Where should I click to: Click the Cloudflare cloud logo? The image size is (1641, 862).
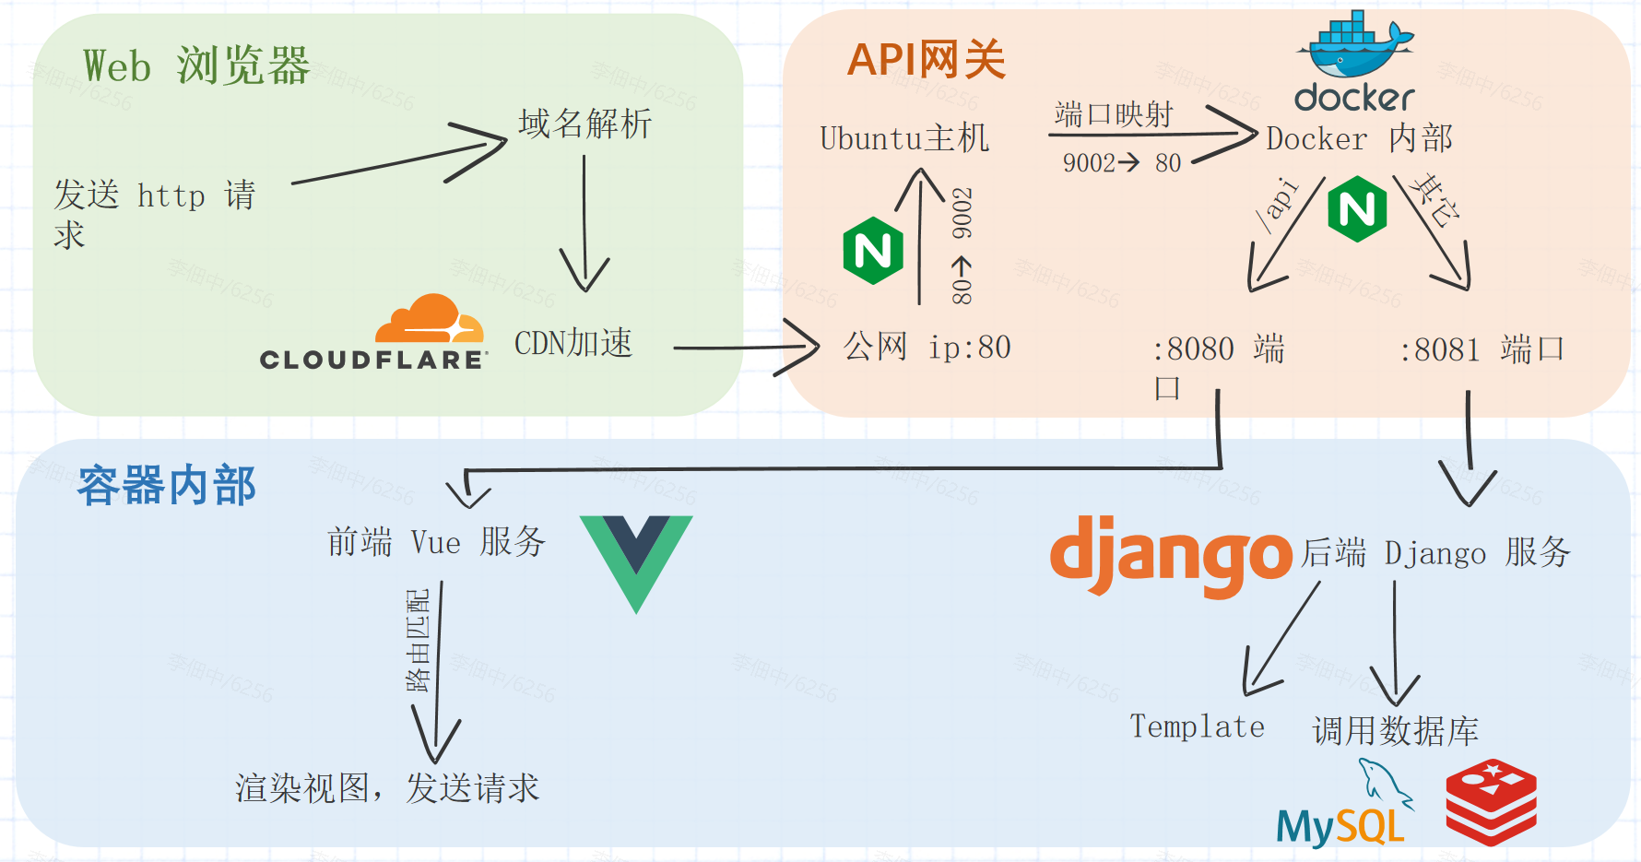click(x=430, y=320)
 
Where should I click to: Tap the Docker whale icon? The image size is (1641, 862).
click(x=1353, y=46)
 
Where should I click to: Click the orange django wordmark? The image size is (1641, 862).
click(x=1171, y=555)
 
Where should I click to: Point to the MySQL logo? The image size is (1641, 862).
click(x=1342, y=807)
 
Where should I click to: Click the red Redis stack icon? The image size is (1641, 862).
click(x=1491, y=801)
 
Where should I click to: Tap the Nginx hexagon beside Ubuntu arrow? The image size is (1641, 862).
click(x=872, y=251)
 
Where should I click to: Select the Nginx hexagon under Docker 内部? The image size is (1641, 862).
click(x=1357, y=210)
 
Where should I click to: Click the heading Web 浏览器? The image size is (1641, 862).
click(x=196, y=66)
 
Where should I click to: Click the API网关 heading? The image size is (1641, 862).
click(x=926, y=61)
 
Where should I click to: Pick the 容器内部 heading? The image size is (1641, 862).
click(x=167, y=486)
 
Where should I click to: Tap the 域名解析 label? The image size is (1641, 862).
click(x=584, y=124)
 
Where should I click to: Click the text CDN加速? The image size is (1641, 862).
click(x=573, y=343)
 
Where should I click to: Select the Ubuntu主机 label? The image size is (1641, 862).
click(x=904, y=138)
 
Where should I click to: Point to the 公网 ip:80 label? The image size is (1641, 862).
click(x=927, y=348)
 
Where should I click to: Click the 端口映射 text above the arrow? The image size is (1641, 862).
click(x=1113, y=114)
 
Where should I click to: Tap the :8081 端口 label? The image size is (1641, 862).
click(x=1482, y=350)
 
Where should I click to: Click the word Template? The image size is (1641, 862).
click(x=1197, y=726)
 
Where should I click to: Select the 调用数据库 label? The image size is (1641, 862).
click(x=1395, y=731)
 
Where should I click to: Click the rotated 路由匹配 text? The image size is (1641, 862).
click(x=419, y=641)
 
